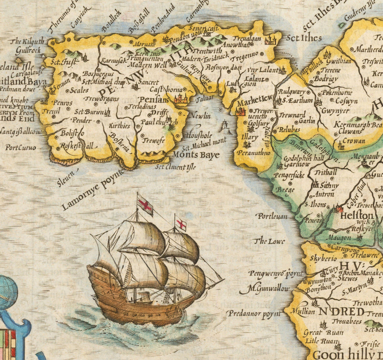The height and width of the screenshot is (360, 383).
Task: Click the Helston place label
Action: (357, 216)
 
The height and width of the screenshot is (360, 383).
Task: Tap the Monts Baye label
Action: (196, 155)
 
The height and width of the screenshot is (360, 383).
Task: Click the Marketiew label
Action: (254, 103)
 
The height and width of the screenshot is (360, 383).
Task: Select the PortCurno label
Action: (20, 148)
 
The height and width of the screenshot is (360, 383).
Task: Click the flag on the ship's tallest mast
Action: (145, 205)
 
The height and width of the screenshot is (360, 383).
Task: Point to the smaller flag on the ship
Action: (181, 224)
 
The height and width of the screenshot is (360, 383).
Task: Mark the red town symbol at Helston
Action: (339, 209)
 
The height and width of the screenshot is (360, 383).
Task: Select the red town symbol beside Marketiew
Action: (240, 111)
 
